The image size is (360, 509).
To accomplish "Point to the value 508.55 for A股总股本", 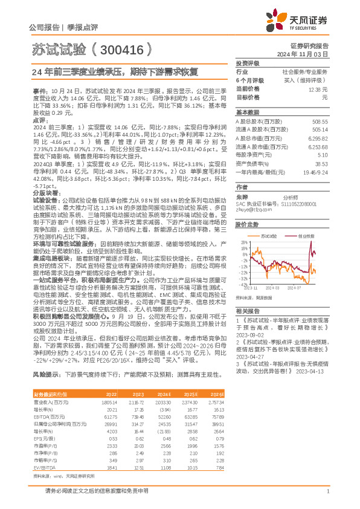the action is (320, 121).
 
